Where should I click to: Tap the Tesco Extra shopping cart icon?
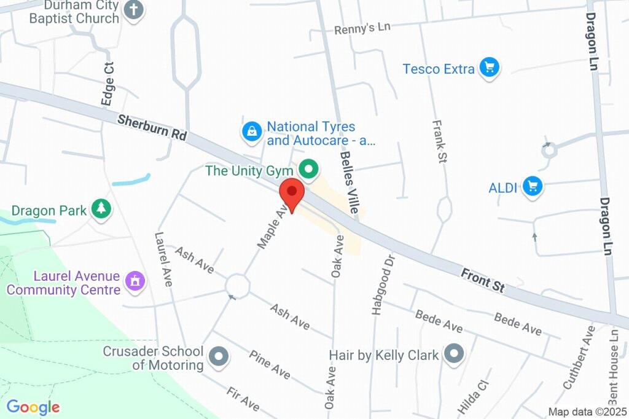tap(489, 68)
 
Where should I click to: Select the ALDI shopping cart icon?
tap(533, 186)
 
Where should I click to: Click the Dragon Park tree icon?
tap(100, 209)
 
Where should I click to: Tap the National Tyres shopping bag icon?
tap(251, 130)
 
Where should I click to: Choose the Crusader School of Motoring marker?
tap(219, 356)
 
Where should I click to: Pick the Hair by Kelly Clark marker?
tap(454, 353)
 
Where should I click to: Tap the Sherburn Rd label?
tap(152, 128)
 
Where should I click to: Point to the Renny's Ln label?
tap(362, 28)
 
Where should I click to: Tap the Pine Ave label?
tap(270, 364)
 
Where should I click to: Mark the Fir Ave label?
tap(243, 399)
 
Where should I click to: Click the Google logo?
tap(33, 407)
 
